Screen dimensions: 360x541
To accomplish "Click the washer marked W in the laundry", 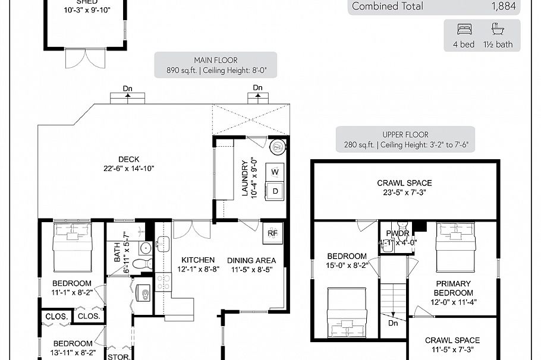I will point(275,172).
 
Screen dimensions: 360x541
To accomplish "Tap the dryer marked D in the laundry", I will point(275,191).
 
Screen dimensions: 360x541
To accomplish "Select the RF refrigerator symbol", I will point(272,233).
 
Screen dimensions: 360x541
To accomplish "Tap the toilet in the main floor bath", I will point(141,264).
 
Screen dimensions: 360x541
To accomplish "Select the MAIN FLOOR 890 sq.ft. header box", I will point(215,65).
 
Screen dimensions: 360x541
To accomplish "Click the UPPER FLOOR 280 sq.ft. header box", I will point(405,140).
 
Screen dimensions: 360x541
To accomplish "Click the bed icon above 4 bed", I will point(464,29).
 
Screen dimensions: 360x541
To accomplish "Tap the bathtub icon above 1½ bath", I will point(496,29).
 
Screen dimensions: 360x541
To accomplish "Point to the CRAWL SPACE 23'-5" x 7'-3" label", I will point(404,187).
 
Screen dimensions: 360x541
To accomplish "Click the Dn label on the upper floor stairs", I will point(393,324).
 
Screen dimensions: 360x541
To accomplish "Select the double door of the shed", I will point(84,59).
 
